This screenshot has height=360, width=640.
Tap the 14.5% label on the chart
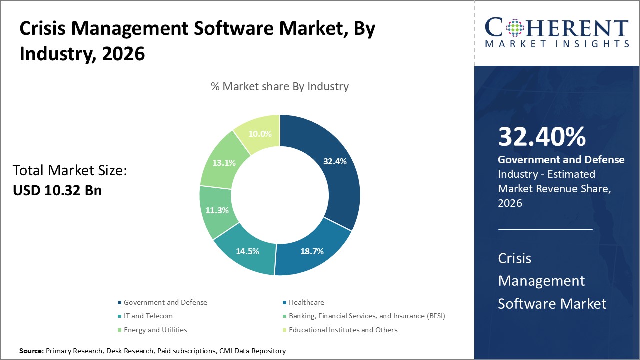pos(247,251)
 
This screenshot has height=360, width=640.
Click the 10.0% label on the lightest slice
pos(259,134)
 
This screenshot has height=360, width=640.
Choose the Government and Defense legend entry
pos(165,302)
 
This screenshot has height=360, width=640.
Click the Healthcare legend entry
pos(306,302)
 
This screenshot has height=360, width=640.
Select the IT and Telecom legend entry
pos(148,316)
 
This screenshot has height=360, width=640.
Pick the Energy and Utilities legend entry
pos(155,330)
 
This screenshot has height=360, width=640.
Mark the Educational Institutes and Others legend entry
pos(343,330)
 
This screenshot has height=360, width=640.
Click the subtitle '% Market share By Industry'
pos(280,86)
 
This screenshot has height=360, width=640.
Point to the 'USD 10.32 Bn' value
pos(57,190)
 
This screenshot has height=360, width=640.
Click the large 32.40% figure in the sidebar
pos(542,137)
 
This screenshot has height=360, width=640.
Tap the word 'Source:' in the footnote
pos(31,351)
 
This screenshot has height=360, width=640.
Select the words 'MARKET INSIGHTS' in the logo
pos(557,44)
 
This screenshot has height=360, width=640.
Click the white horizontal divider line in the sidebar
pos(545,230)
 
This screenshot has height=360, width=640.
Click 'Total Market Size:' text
pos(70,171)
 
